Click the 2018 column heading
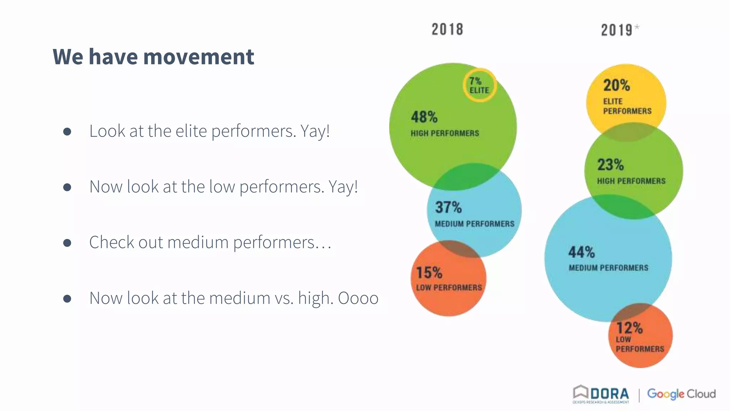(x=447, y=29)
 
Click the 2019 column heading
(x=617, y=30)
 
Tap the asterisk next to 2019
(x=637, y=27)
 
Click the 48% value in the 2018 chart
(x=424, y=117)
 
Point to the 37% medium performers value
(x=448, y=207)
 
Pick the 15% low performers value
(x=430, y=273)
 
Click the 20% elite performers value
(x=617, y=85)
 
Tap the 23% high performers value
(x=611, y=165)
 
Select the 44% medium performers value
(x=582, y=252)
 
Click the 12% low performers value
(x=629, y=328)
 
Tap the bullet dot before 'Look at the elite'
(x=67, y=132)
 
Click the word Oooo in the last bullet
(x=358, y=298)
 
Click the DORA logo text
(x=610, y=394)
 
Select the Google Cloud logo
(x=681, y=394)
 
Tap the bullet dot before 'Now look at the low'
(x=67, y=187)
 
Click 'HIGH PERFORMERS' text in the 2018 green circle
(x=445, y=133)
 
